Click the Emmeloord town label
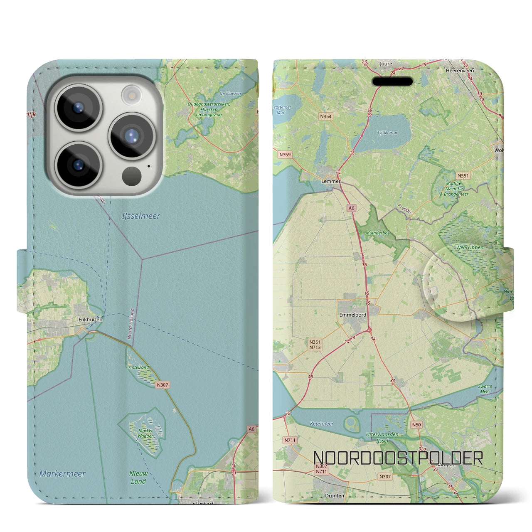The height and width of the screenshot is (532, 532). click(352, 315)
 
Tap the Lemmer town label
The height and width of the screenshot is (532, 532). click(331, 181)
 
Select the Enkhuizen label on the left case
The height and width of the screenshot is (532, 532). click(90, 320)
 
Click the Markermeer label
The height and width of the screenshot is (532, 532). click(62, 474)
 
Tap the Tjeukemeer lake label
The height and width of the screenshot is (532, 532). click(387, 133)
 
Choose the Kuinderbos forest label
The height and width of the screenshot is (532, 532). click(378, 233)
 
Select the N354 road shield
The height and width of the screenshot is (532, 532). click(326, 117)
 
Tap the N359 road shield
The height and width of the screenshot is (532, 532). click(285, 155)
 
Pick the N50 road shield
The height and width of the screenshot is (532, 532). click(416, 425)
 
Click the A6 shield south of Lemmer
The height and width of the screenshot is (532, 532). click(352, 208)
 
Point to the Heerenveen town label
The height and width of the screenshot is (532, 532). click(460, 71)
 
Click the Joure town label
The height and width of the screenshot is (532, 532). click(386, 64)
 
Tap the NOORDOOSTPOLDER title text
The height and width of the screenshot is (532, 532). click(398, 458)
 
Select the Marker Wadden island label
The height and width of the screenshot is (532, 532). click(145, 433)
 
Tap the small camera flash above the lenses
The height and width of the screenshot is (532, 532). click(131, 95)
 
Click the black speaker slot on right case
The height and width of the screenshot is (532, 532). click(392, 81)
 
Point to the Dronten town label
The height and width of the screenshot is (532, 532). click(335, 496)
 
